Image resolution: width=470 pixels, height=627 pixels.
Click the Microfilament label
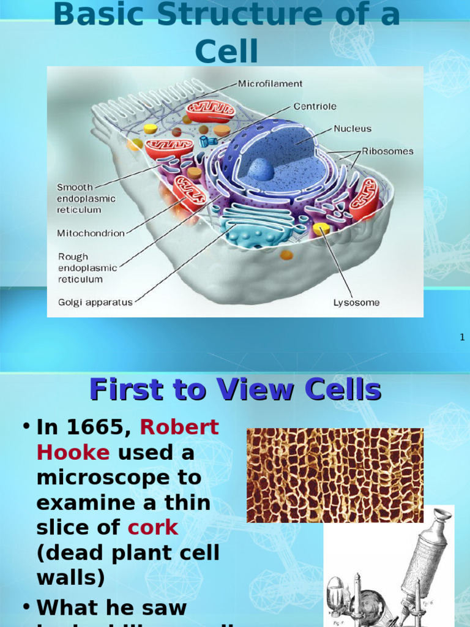(x=270, y=84)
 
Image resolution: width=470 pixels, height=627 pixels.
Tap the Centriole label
(x=315, y=107)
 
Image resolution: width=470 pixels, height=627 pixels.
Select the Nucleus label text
(x=352, y=129)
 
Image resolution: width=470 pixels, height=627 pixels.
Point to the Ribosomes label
(x=387, y=151)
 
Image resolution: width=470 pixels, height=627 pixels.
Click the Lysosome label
(x=356, y=302)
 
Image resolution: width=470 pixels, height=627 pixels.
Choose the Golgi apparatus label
(x=95, y=302)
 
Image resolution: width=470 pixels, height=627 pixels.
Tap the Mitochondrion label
(x=91, y=233)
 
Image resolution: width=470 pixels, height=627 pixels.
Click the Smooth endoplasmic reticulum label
(x=86, y=198)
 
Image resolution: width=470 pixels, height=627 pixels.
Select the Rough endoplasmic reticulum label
(x=86, y=268)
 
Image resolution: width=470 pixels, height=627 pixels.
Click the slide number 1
(x=462, y=337)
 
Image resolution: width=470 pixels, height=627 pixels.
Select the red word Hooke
(x=73, y=452)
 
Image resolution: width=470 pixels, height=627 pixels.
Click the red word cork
(x=153, y=527)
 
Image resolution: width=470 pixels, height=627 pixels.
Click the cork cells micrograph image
(x=335, y=475)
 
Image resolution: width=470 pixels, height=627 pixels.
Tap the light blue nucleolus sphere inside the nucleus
(x=261, y=169)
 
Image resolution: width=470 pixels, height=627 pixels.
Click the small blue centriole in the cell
(x=207, y=141)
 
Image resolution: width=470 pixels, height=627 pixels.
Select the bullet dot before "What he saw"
(x=26, y=606)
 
